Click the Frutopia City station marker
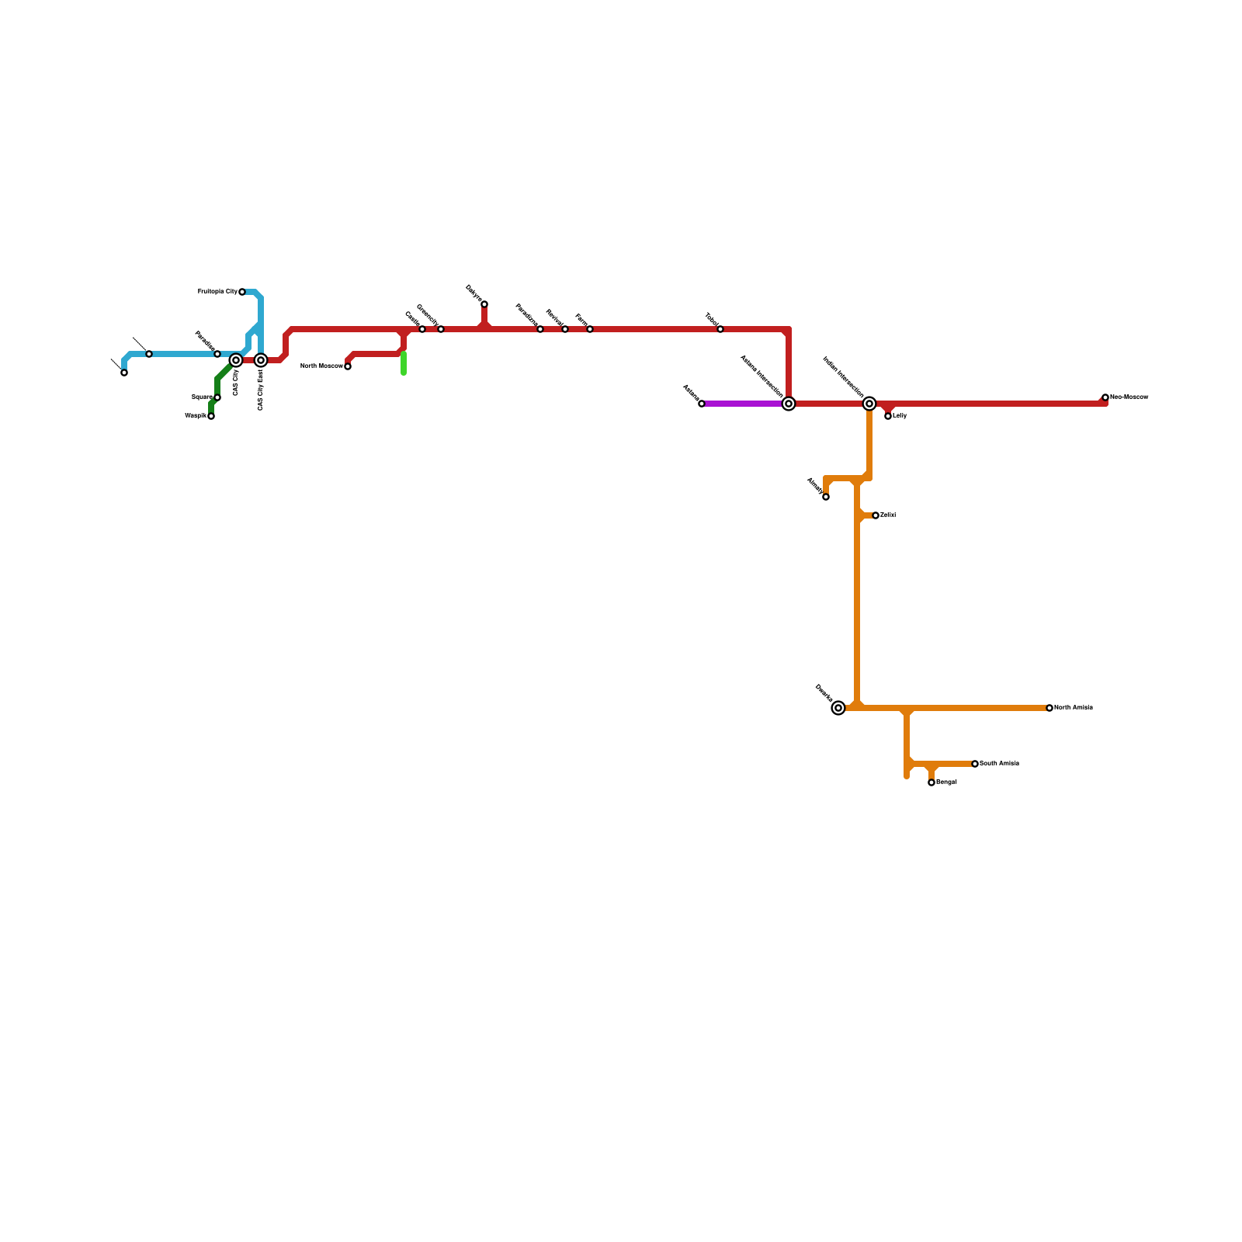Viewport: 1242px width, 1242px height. [x=242, y=292]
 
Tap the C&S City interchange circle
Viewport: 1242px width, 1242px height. [x=236, y=360]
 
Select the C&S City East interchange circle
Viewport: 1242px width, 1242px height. [x=261, y=360]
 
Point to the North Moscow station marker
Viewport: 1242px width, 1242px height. [x=348, y=366]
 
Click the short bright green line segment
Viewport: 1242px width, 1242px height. [x=404, y=363]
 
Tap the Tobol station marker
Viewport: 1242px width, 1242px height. [x=720, y=329]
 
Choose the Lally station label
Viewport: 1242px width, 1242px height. [x=900, y=416]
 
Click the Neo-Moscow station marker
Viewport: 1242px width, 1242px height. [x=1105, y=397]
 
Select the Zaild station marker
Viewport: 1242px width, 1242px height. [x=876, y=515]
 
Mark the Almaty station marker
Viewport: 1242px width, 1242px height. [x=826, y=497]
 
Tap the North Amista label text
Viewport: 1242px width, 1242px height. [x=1074, y=708]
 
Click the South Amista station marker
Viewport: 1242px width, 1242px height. [x=975, y=764]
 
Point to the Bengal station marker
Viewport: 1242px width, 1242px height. [x=931, y=782]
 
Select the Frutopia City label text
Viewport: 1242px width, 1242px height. [x=217, y=292]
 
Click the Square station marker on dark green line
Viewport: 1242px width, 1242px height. [x=217, y=397]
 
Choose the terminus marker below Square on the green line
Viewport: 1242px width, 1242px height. [x=211, y=416]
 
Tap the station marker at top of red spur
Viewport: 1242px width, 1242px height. [x=484, y=304]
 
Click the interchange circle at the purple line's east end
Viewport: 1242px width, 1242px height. [x=789, y=404]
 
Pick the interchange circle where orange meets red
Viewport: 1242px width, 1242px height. [x=869, y=404]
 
